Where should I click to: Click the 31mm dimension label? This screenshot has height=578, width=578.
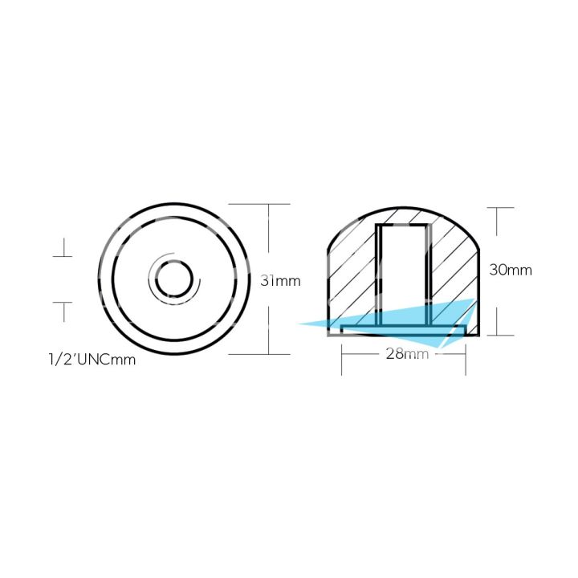[280, 281]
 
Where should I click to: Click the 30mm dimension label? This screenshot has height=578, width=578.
[511, 271]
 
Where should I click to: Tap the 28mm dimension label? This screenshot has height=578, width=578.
[406, 353]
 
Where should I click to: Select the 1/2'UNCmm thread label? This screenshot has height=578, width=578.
[92, 360]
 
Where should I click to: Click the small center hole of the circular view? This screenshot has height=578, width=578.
[172, 280]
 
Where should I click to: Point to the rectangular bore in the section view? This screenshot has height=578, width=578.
[404, 265]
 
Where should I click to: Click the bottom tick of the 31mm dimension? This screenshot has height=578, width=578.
[267, 354]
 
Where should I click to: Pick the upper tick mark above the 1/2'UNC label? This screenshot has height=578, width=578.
[63, 257]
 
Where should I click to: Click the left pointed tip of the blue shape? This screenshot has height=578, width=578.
[301, 324]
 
